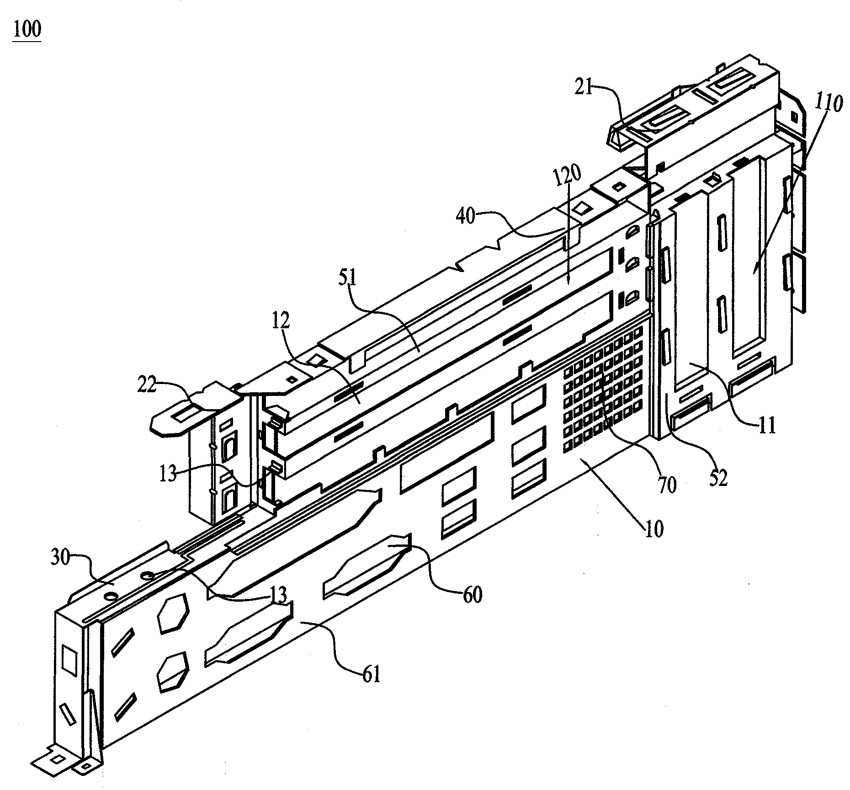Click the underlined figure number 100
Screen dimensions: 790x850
click(x=27, y=30)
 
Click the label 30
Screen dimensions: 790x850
click(x=60, y=558)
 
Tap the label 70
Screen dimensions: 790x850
click(x=667, y=485)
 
